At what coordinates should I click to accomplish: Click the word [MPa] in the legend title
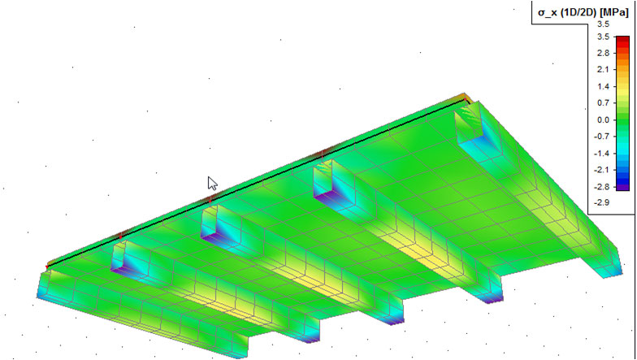(x=615, y=12)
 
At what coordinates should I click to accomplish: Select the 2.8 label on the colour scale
(x=603, y=54)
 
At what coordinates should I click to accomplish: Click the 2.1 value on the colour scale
(x=603, y=70)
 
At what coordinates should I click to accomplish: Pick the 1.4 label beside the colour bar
(x=603, y=86)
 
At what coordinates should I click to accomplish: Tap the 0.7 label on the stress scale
(x=603, y=103)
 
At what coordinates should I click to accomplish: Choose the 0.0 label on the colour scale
(x=603, y=120)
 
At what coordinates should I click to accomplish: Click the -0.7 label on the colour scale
(x=601, y=137)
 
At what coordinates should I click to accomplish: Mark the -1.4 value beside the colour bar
(x=601, y=153)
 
